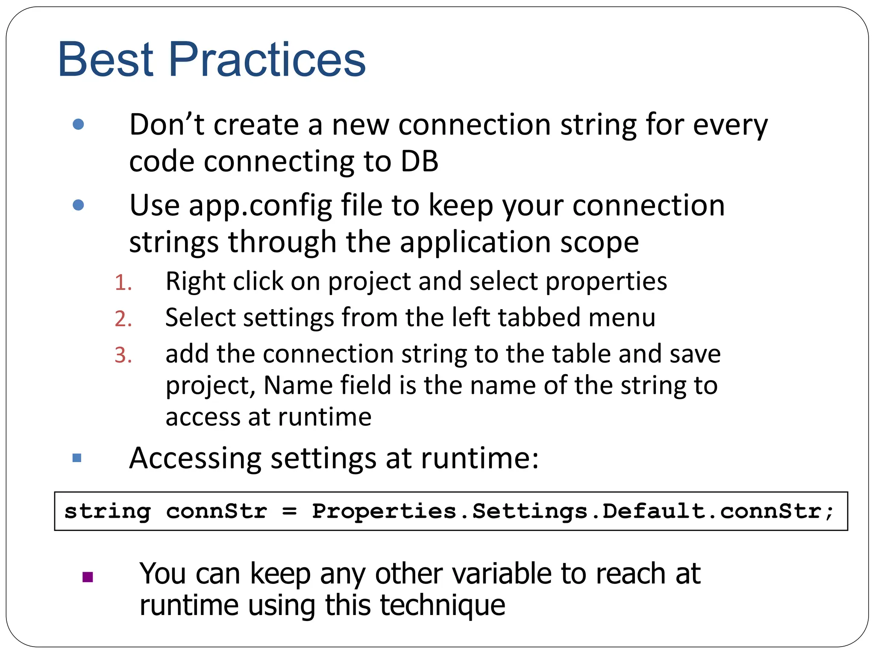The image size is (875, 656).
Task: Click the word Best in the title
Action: pyautogui.click(x=106, y=60)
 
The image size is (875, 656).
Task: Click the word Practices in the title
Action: pyautogui.click(x=267, y=60)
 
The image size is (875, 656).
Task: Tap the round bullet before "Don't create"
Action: pyautogui.click(x=78, y=124)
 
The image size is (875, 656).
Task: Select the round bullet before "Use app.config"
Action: pyautogui.click(x=78, y=205)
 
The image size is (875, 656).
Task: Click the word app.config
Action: pyautogui.click(x=261, y=206)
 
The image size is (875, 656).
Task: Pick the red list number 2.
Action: pyautogui.click(x=123, y=319)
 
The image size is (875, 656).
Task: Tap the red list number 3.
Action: pyautogui.click(x=123, y=355)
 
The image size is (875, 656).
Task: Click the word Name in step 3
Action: pyautogui.click(x=297, y=385)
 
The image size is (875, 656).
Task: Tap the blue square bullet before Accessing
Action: pyautogui.click(x=77, y=458)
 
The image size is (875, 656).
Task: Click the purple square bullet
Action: pyautogui.click(x=88, y=577)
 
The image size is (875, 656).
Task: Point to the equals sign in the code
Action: pyautogui.click(x=289, y=511)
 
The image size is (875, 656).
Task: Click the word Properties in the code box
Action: pyautogui.click(x=384, y=511)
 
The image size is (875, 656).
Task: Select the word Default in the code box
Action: pyautogui.click(x=653, y=511)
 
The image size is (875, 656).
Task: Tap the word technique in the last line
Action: pyautogui.click(x=442, y=605)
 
